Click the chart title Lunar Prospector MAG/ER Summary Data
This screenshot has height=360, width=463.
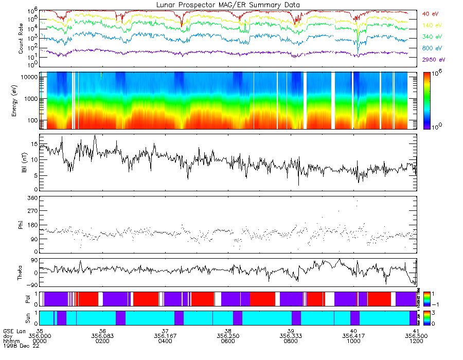[x=228, y=5]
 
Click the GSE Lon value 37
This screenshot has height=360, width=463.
[x=165, y=330]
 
